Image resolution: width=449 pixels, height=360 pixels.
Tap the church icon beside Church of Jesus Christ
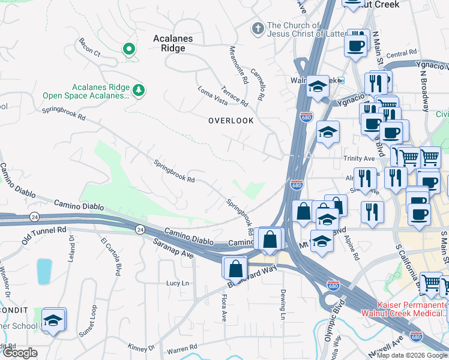coord(258,28)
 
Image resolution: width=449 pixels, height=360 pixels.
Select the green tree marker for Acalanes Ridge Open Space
coord(139,90)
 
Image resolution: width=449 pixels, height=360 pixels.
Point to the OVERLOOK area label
coord(231,121)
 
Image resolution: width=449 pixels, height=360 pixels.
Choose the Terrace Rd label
coord(234,94)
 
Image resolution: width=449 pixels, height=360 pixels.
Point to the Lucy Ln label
coord(177,283)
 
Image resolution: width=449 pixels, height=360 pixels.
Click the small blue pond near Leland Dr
coord(44,271)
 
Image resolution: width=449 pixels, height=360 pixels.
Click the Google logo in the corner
coord(19,353)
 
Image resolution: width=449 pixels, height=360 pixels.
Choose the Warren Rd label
coord(182,347)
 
